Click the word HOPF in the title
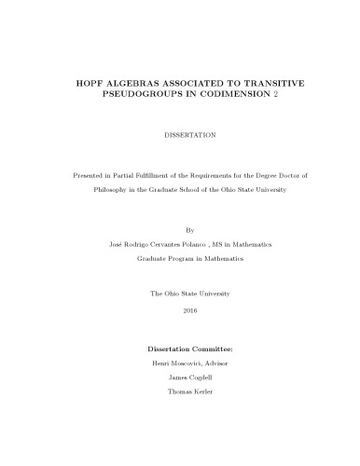[88, 82]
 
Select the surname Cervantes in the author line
[177, 242]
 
